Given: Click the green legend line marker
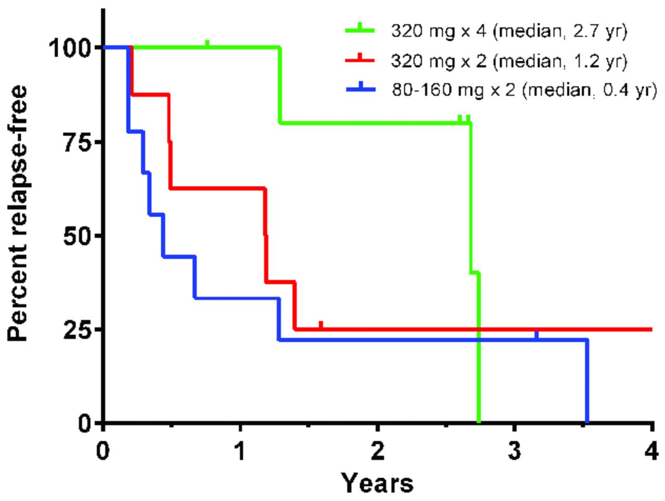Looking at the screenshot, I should click(x=360, y=30).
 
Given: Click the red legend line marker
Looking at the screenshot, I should click(x=360, y=60).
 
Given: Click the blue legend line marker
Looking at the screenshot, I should click(x=360, y=89).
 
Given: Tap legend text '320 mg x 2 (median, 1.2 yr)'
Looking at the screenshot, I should click(x=509, y=61).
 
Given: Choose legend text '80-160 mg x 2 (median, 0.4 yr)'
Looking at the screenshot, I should click(x=524, y=90).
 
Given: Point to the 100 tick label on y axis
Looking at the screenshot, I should click(x=71, y=48).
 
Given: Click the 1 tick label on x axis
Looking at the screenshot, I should click(x=241, y=451).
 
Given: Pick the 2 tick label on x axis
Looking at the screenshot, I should click(x=378, y=451).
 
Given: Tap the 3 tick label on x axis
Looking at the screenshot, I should click(x=514, y=451).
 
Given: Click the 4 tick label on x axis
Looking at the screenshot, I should click(x=651, y=451).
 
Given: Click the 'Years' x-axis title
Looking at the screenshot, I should click(x=378, y=483).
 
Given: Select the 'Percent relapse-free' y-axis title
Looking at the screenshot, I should click(x=18, y=213).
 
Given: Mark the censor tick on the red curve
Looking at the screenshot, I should click(x=321, y=325).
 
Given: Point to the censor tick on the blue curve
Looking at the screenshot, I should click(x=537, y=335).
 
